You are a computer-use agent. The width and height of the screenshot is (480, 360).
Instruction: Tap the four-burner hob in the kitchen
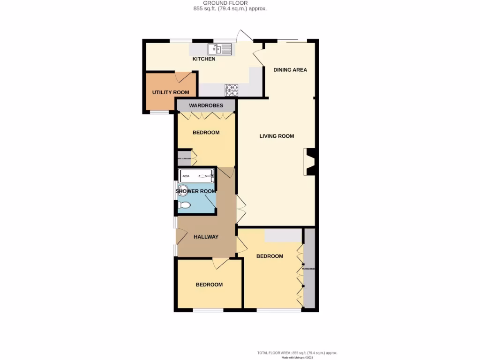[232, 89]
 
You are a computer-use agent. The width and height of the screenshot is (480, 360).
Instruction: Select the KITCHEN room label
[204, 59]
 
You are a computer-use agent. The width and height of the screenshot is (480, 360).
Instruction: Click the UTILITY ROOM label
[171, 92]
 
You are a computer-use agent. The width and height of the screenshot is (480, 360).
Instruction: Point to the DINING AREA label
[290, 70]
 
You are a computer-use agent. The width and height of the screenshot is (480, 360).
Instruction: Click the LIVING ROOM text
[277, 136]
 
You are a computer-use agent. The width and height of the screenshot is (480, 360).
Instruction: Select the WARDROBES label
[206, 105]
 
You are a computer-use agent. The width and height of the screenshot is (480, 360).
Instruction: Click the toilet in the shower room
[185, 205]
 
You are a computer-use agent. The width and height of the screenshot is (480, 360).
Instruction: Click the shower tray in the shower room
[197, 176]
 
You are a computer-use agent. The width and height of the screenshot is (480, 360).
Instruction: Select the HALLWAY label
[206, 237]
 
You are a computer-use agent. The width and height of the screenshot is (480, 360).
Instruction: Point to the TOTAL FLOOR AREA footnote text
[297, 352]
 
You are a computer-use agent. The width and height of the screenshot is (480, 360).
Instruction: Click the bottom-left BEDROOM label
[209, 285]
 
